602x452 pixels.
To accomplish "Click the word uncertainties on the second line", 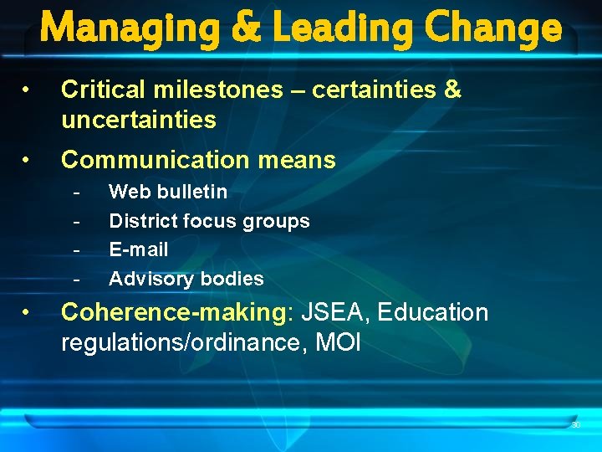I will point(139,120).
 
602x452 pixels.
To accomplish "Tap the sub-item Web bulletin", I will point(168,192).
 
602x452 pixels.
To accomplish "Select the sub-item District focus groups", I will point(209,221).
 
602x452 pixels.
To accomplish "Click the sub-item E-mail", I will point(139,249).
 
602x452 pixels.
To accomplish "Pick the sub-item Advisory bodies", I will point(186,279).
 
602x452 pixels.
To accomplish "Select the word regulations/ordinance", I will point(179,342).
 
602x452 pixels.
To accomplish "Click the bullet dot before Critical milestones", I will point(28,90).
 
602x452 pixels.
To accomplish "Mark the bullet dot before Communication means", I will point(28,160).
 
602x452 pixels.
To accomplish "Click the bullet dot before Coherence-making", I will point(28,312).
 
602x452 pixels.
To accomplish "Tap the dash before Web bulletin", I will point(77,193).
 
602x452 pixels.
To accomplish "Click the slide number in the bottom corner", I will point(576,425).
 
